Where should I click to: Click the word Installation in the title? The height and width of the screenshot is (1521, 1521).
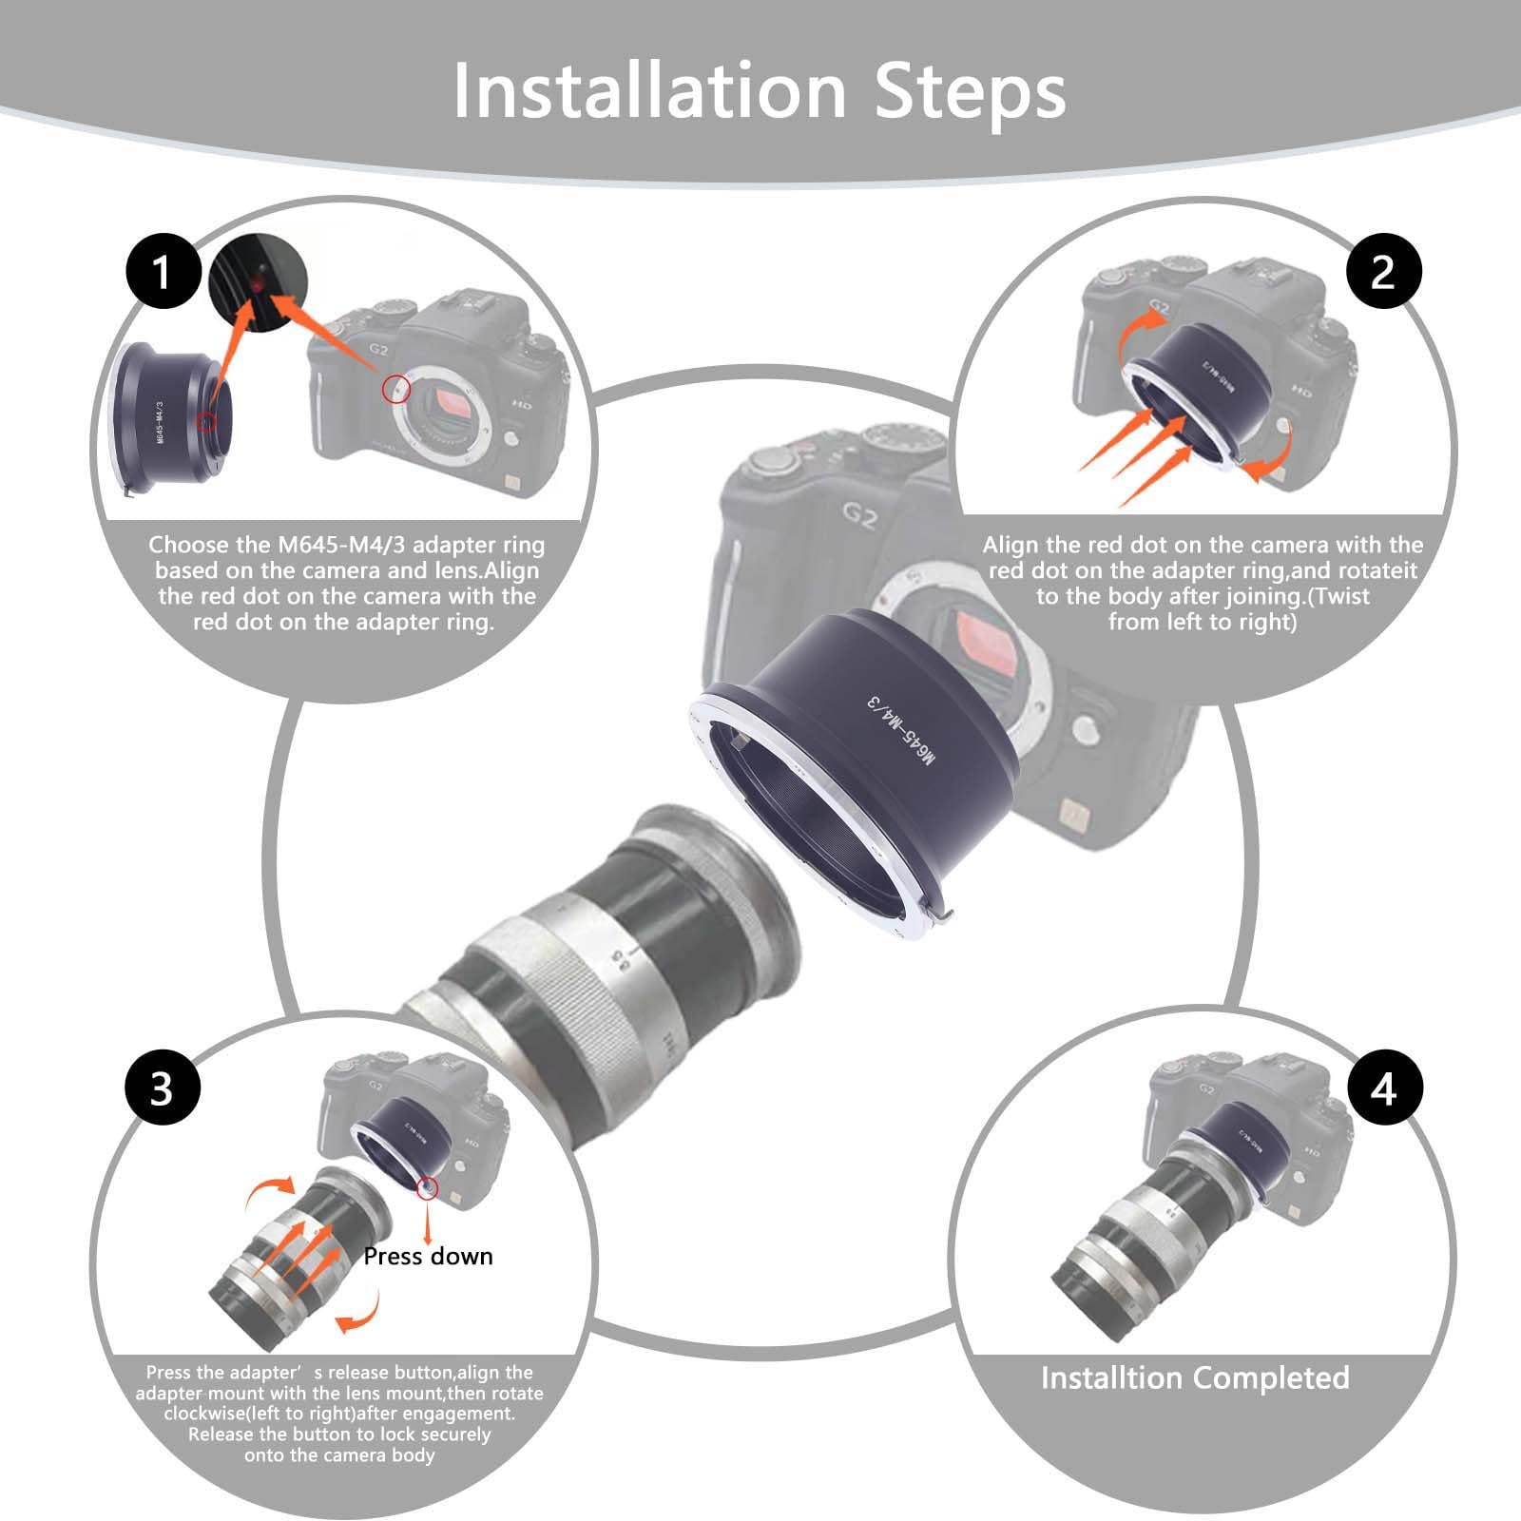(x=649, y=91)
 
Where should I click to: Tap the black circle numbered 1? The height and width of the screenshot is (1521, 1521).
(x=163, y=273)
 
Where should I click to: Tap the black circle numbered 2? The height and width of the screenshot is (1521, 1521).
(x=1383, y=273)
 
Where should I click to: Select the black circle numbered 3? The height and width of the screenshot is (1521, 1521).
(x=163, y=1087)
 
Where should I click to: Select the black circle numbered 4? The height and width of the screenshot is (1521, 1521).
(x=1383, y=1087)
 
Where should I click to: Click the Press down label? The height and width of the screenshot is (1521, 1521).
(x=428, y=1257)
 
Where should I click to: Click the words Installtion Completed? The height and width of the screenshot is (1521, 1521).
(x=1195, y=1377)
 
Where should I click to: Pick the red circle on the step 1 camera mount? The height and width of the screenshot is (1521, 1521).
(x=396, y=387)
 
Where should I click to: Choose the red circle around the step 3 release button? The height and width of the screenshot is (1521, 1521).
(x=428, y=1187)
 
